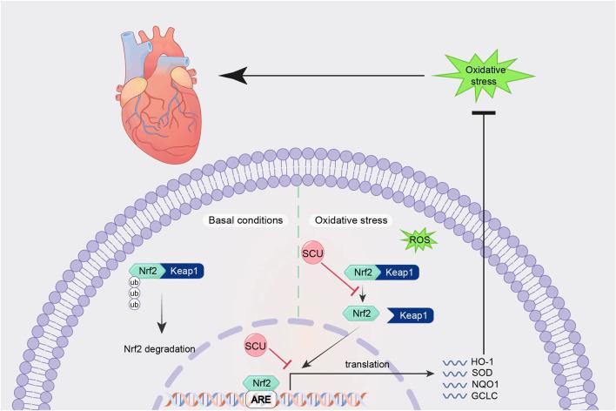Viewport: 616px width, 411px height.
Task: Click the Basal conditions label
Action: [245, 220]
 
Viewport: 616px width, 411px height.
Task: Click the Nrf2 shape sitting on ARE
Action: [258, 381]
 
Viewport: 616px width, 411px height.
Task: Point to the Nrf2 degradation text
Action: [160, 349]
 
